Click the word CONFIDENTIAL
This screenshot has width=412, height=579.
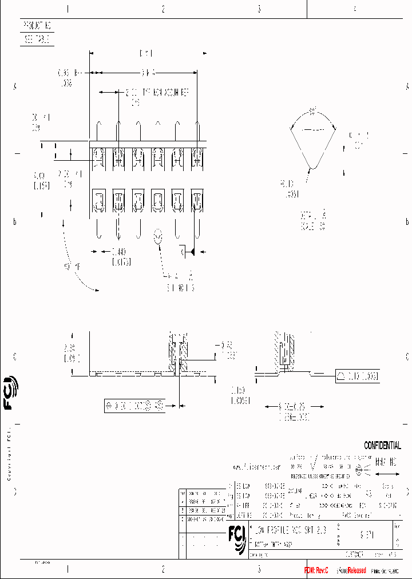[x=382, y=446]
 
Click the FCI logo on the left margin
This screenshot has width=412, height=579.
[x=10, y=394]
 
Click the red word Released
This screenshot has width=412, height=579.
[x=354, y=570]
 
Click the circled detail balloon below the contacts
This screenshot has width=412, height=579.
[x=159, y=237]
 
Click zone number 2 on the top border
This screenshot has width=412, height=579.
[x=163, y=9]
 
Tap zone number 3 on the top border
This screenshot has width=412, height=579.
[x=259, y=9]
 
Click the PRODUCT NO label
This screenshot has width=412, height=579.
[x=38, y=26]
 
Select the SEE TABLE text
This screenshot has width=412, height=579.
[x=38, y=39]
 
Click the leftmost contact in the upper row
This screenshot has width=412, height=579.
[x=98, y=157]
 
